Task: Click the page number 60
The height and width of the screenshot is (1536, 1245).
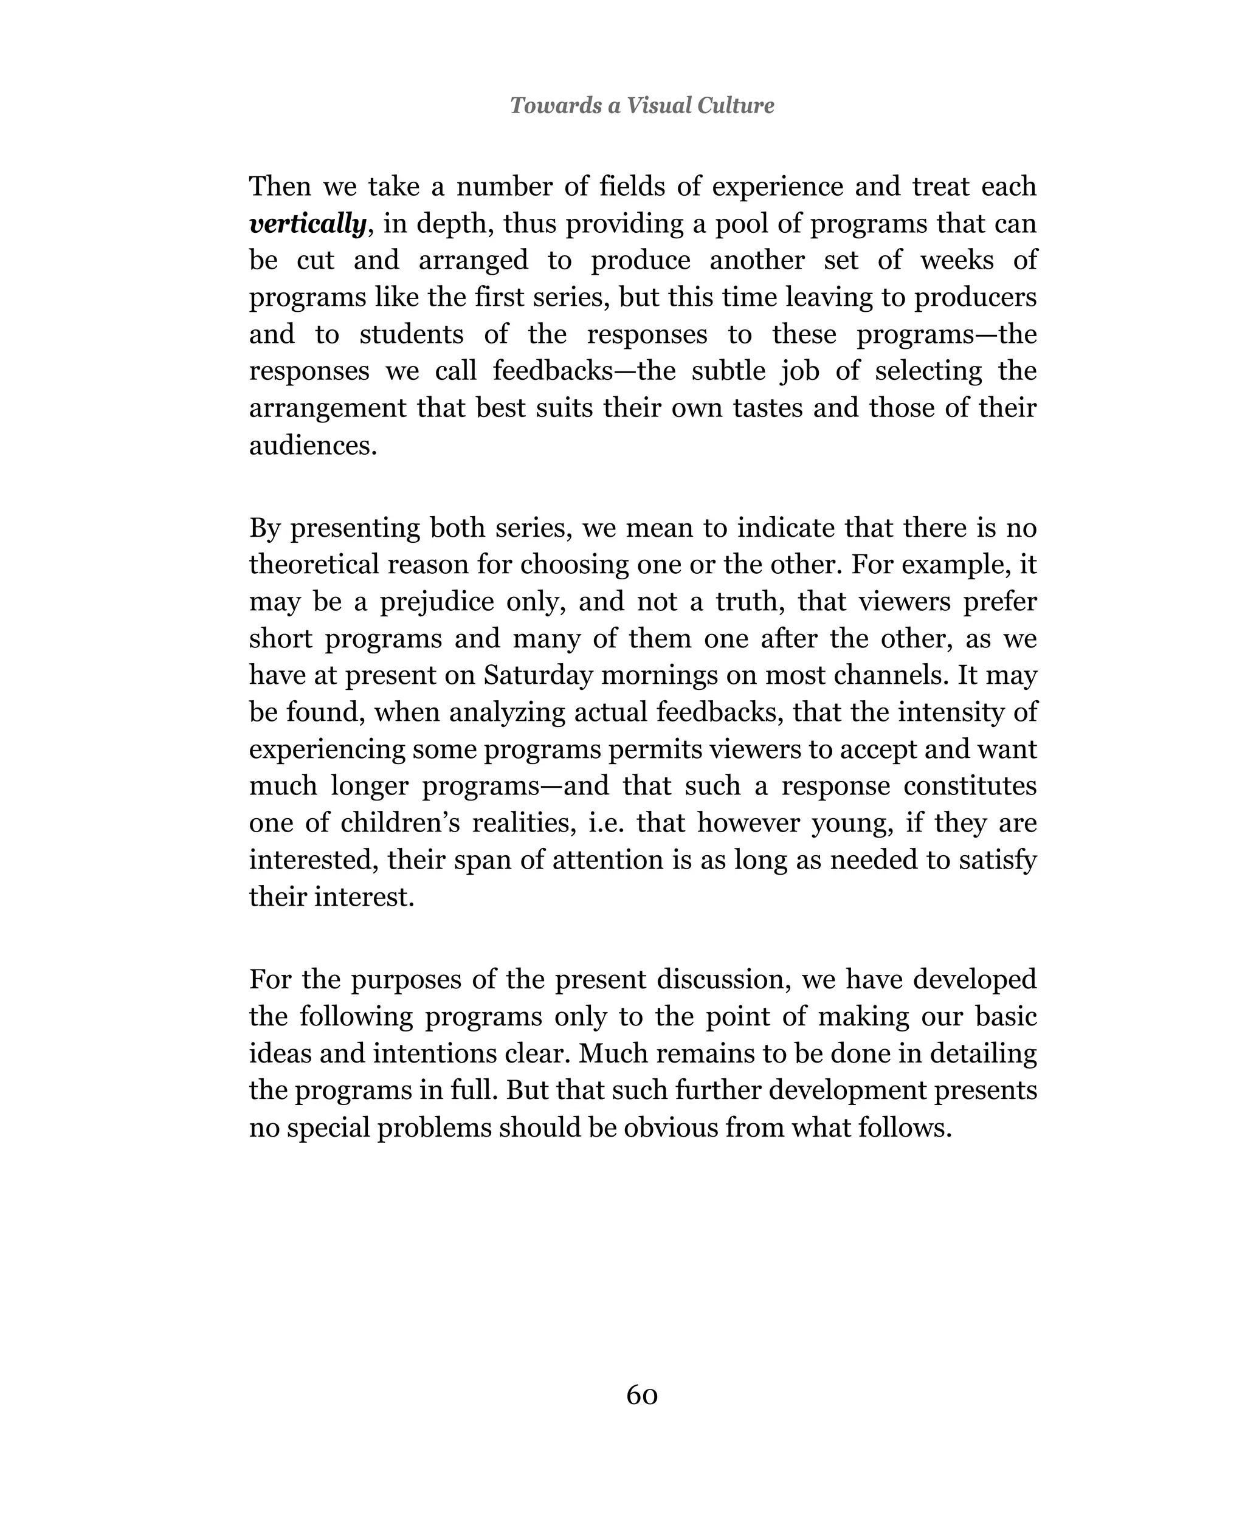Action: (x=641, y=1395)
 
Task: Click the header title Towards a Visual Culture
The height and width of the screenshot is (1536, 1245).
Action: (x=641, y=105)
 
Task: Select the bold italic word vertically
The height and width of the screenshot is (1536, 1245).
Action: (x=308, y=224)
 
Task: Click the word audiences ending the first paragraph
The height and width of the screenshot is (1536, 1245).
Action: (x=312, y=446)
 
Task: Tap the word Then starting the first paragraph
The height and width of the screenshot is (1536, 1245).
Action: (x=280, y=187)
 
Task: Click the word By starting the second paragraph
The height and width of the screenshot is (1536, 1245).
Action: (x=265, y=528)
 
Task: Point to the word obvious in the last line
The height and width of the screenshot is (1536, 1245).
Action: (x=670, y=1128)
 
